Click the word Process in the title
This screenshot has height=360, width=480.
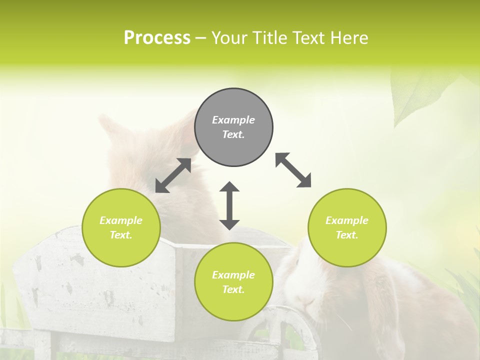157,38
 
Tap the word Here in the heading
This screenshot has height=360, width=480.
348,38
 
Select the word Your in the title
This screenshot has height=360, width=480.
229,38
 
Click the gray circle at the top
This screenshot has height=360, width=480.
233,127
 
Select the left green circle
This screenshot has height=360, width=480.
121,227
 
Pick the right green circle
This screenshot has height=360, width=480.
347,227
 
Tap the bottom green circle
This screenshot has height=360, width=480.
233,282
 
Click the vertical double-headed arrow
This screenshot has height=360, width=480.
229,205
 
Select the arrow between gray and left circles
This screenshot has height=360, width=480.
173,175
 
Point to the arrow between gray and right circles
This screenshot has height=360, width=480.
293,170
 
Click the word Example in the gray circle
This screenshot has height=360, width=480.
233,120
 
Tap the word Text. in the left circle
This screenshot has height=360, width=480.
121,235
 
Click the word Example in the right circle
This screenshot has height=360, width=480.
347,220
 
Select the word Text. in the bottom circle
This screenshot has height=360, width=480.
233,289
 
